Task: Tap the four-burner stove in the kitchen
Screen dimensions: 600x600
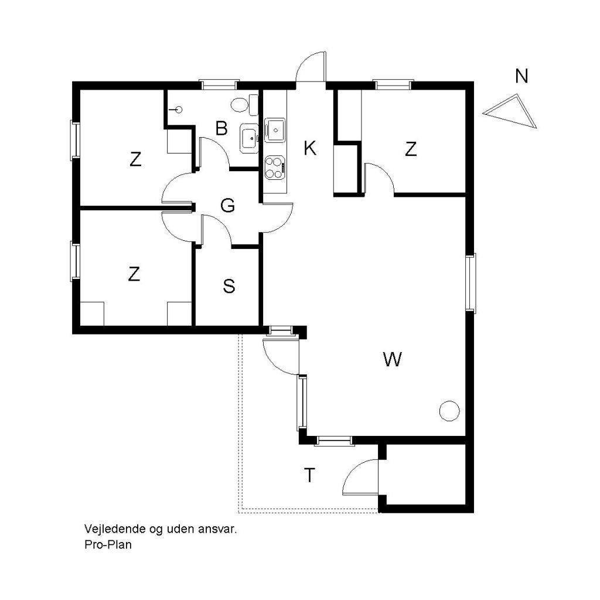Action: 275,167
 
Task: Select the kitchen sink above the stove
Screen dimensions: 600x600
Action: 275,130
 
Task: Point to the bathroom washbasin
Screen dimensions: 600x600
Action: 250,138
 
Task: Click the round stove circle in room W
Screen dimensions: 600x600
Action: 449,411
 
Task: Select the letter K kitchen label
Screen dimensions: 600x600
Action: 310,148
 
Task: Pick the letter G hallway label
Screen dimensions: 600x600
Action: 228,206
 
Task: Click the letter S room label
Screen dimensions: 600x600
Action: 229,286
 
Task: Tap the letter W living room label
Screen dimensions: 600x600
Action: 392,359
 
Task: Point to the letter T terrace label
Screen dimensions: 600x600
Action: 309,475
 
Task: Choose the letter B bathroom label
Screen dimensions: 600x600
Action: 221,128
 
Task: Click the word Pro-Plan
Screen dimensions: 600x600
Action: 108,544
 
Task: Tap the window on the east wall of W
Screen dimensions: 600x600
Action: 471,283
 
